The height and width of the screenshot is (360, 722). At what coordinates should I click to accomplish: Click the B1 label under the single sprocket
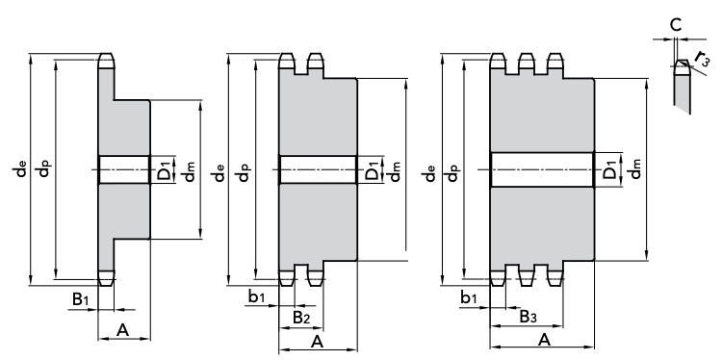80,299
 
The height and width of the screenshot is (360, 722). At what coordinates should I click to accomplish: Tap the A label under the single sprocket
122,329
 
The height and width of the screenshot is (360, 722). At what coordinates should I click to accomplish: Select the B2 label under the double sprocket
301,318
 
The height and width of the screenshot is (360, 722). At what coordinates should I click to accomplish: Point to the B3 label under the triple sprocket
528,317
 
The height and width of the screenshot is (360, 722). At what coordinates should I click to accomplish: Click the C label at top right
676,25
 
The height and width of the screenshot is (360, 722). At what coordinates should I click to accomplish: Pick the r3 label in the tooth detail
703,59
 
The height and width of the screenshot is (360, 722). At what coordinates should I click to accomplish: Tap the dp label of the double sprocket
244,172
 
